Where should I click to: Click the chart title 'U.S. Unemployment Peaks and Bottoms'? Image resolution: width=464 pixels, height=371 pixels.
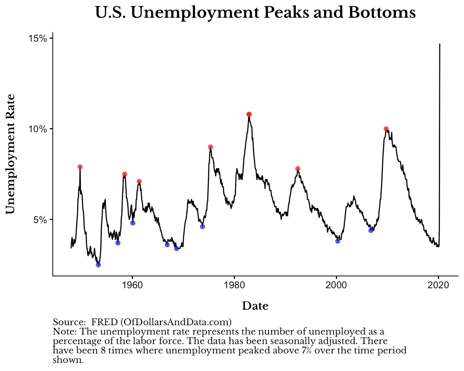coord(255,12)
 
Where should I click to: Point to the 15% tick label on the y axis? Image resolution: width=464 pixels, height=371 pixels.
coord(37,38)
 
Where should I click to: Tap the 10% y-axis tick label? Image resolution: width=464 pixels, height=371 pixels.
coord(37,129)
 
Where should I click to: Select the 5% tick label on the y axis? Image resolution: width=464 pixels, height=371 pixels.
coord(40,220)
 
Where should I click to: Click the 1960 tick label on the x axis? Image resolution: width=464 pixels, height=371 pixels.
coord(133,285)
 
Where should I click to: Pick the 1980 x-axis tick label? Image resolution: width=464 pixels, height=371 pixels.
coord(234,285)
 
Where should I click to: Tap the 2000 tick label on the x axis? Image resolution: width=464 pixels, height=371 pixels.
coord(336,285)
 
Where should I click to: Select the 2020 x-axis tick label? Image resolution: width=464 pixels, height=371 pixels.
coord(438,285)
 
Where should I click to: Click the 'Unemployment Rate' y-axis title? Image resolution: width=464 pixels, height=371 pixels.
coord(10,154)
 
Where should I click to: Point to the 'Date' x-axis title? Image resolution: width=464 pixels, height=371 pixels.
coord(255,306)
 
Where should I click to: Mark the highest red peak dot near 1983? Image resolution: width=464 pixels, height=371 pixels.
coord(249,114)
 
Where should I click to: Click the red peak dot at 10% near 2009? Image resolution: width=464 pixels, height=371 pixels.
coord(386,129)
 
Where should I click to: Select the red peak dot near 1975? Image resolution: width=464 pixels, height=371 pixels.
coord(211,147)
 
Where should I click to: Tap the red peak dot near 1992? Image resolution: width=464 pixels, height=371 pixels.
coord(298,169)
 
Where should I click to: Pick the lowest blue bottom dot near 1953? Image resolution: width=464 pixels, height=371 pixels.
coord(98,265)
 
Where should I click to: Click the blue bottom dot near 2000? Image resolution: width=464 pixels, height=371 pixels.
coord(338,241)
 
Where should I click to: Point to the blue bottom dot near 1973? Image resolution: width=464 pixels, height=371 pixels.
coord(202,226)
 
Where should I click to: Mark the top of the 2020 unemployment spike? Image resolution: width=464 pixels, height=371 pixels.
coord(440,44)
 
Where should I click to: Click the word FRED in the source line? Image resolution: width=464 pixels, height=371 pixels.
coord(104,322)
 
